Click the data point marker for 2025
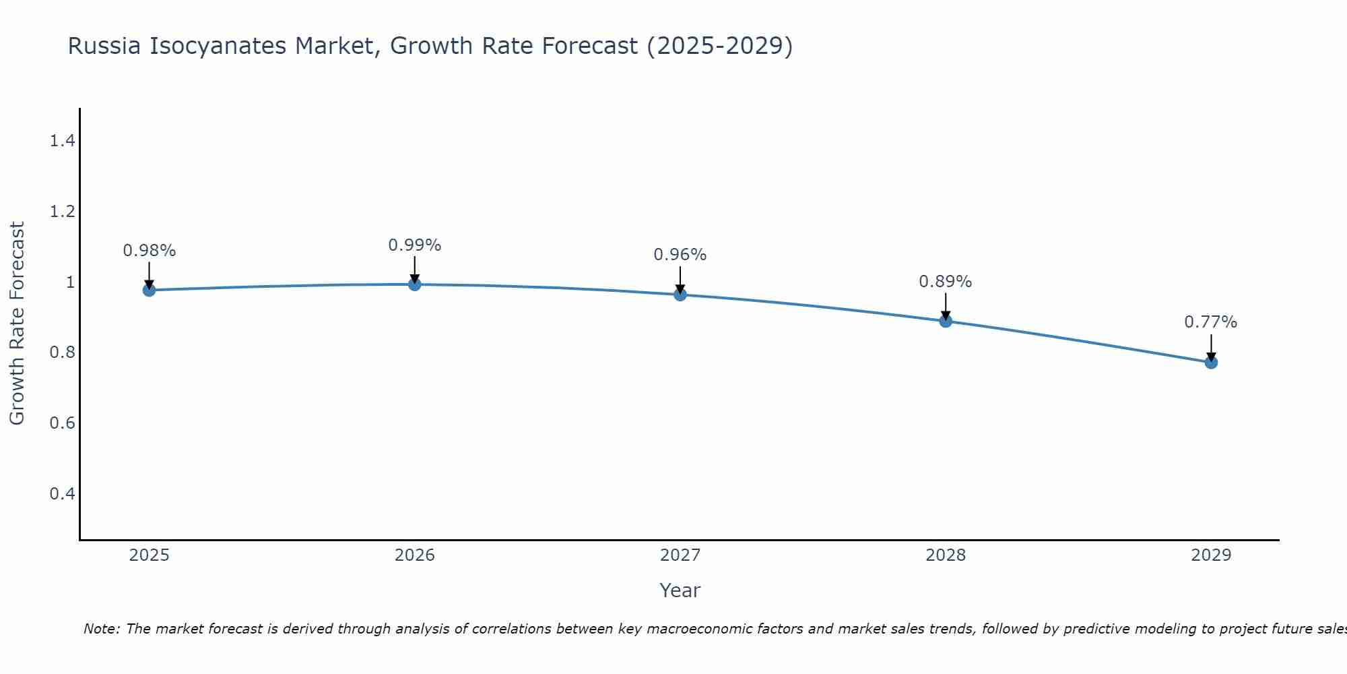[149, 290]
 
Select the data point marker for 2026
[414, 284]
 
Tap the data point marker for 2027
[680, 295]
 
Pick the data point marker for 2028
[945, 321]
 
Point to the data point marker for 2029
[1210, 363]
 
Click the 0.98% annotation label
[149, 251]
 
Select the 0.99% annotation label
[414, 245]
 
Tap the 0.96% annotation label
[680, 255]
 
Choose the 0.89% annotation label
[945, 282]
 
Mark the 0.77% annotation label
[1210, 322]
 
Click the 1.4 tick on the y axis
[62, 141]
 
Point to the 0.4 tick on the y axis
[62, 494]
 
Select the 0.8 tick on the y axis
[62, 353]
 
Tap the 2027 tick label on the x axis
[680, 555]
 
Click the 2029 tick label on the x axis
[1210, 555]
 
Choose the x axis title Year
[680, 590]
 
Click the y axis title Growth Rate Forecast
[17, 324]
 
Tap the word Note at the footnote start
[101, 629]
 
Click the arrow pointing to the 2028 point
[945, 306]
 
